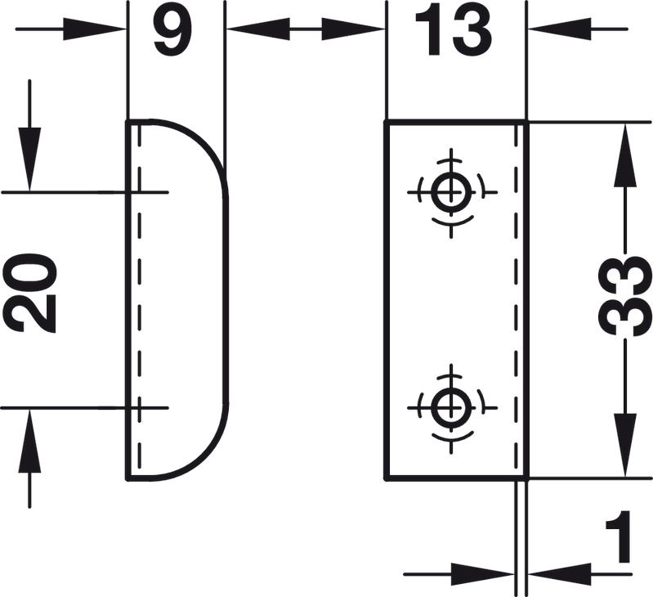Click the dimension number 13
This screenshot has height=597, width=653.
[x=454, y=32]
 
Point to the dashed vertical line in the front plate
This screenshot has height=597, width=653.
[x=513, y=298]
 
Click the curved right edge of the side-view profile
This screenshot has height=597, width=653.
[x=226, y=298]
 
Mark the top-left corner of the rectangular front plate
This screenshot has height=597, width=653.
[x=386, y=123]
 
